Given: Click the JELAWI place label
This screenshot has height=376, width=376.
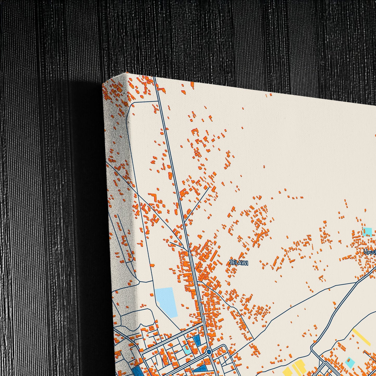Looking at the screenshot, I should point(239,263).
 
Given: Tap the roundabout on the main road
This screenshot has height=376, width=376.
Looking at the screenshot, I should point(209,352).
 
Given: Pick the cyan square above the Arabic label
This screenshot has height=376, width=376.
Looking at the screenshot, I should point(367,231).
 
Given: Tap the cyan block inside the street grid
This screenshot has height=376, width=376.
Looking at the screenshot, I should point(187,349).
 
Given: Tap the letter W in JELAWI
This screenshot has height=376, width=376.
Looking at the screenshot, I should point(245,263).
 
